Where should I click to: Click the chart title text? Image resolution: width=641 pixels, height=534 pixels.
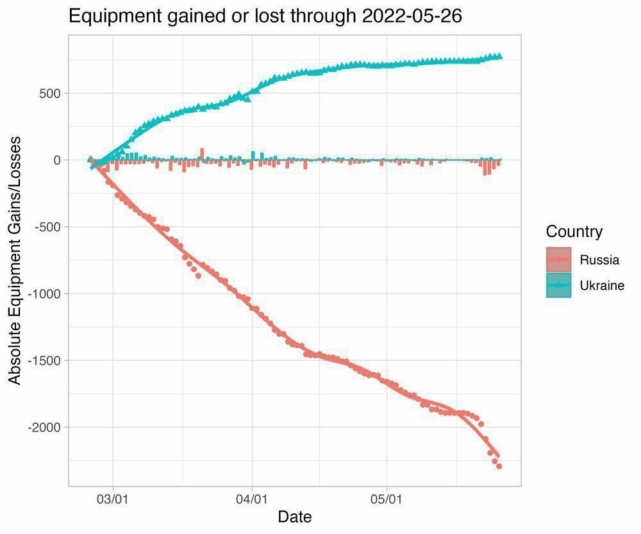point(265,16)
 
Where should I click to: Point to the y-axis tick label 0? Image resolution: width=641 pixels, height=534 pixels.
point(56,160)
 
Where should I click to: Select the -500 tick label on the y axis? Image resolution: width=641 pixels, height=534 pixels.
point(46,227)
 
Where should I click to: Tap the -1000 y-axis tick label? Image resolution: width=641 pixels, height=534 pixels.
point(43,294)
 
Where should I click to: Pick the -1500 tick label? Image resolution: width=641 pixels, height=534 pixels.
point(43,360)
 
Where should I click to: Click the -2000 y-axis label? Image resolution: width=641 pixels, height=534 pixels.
point(43,428)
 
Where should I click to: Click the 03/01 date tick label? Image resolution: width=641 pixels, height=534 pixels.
point(113,498)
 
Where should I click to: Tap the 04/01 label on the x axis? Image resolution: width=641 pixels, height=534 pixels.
point(252,498)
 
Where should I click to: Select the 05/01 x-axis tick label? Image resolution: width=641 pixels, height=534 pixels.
point(387,498)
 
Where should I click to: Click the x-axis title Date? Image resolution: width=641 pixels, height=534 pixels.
point(294,517)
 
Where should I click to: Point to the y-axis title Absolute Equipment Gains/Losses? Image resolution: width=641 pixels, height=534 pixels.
point(15,260)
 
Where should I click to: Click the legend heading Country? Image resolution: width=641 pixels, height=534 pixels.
point(574,231)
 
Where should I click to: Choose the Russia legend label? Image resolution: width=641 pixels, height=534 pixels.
point(599,260)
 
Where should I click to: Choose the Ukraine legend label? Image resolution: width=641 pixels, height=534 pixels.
point(601,285)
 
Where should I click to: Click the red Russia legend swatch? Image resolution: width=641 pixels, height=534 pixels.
point(558,260)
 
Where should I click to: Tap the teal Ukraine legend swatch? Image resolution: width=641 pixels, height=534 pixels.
point(558,285)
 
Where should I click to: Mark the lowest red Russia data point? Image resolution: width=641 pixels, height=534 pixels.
point(499,466)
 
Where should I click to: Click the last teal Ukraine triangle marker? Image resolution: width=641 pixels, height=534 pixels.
point(499,56)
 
